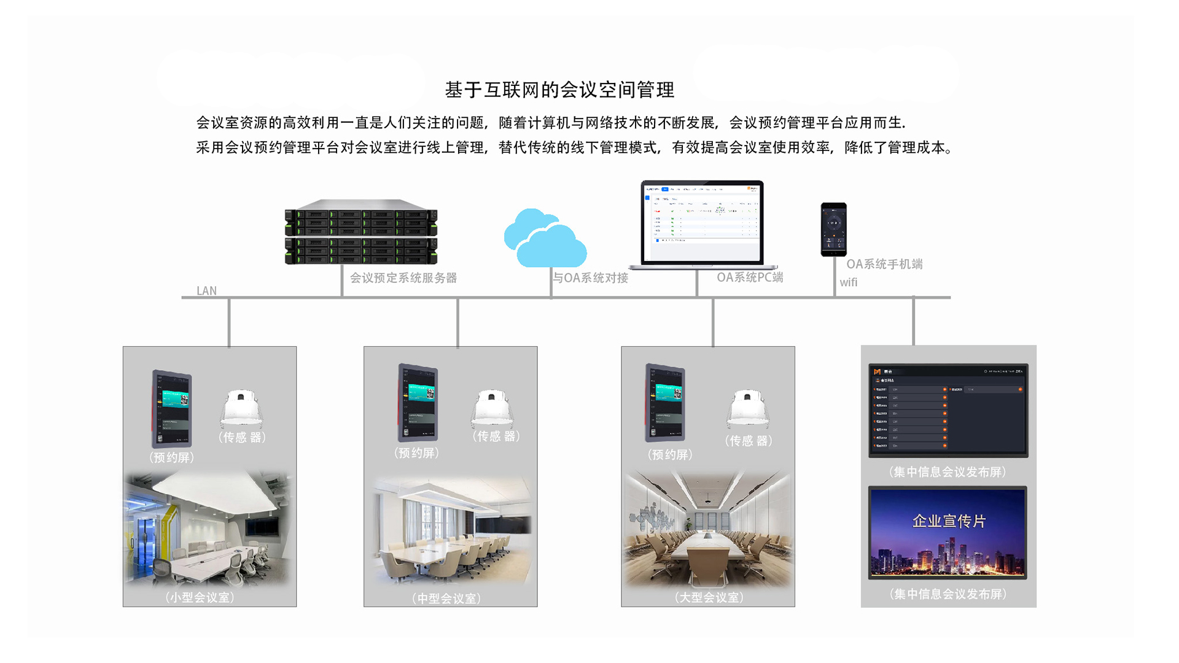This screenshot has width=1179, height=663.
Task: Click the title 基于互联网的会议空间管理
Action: coord(559,90)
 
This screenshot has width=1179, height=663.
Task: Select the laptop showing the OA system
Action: coord(702,225)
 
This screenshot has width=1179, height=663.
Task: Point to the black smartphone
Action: coord(833,229)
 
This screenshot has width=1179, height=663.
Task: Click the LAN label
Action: coord(206,291)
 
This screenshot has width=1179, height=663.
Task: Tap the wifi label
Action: coord(849,282)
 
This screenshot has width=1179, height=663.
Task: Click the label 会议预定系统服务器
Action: coord(403,278)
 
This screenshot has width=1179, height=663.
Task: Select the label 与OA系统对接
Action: coord(590,278)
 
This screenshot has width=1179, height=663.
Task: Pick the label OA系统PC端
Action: coord(750,277)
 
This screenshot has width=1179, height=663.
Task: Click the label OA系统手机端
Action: coord(884,264)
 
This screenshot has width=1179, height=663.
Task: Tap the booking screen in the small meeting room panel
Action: coord(172,409)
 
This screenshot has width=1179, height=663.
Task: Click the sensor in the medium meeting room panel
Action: coord(492,408)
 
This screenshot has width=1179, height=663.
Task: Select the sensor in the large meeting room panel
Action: coord(748,408)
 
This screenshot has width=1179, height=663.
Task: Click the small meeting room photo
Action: coord(209,529)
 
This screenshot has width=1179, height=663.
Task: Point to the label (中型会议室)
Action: coord(446,599)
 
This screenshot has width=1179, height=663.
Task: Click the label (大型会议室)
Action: coord(709,597)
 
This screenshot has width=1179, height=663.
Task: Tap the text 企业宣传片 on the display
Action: coord(949,521)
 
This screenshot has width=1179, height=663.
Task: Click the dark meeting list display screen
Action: coord(948,410)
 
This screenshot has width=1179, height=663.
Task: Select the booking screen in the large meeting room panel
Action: coord(665,403)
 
